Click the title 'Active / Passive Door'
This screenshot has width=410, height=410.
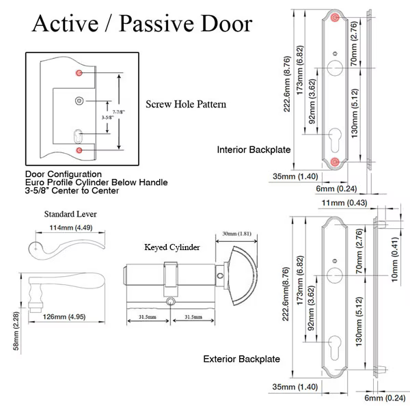click(x=142, y=24)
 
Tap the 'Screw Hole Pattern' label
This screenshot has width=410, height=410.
click(x=186, y=105)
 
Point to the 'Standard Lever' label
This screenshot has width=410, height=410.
click(x=70, y=214)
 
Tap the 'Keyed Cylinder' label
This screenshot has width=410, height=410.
click(x=172, y=248)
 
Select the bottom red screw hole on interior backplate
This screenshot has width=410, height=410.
click(x=336, y=161)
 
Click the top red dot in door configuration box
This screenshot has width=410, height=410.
click(x=79, y=72)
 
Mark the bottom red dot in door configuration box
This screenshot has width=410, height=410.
click(x=79, y=149)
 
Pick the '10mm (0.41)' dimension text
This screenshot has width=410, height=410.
click(x=396, y=258)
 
